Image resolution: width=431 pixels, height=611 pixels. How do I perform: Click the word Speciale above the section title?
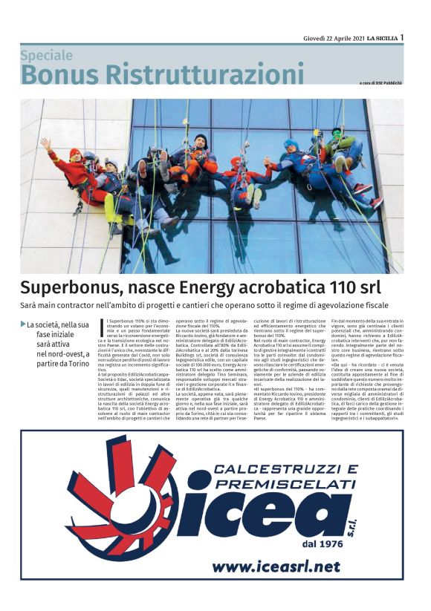[x=46, y=55]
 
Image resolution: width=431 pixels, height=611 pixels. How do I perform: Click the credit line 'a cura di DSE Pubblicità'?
[x=380, y=82]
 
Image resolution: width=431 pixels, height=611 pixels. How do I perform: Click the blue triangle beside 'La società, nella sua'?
[x=22, y=324]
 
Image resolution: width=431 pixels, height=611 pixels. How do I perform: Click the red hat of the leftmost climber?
[x=74, y=154]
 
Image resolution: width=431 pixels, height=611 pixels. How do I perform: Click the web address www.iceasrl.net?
[x=276, y=566]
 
